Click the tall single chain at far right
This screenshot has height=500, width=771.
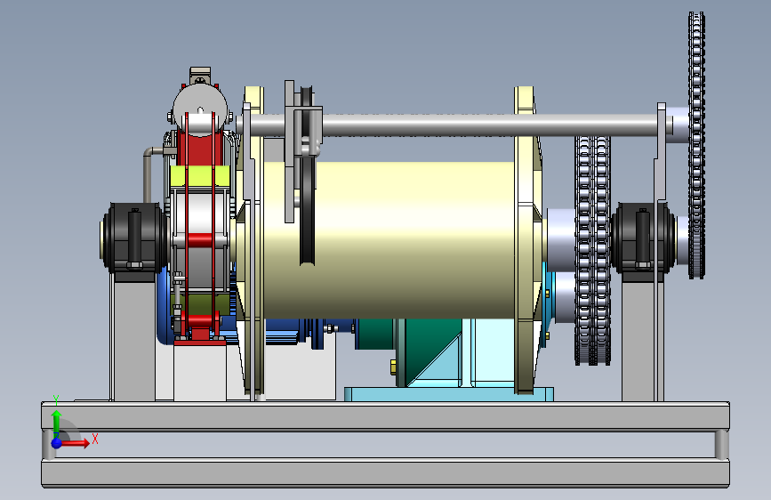pos(696,145)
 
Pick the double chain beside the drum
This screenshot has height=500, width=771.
pos(592,251)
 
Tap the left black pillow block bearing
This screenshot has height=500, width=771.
pos(133,238)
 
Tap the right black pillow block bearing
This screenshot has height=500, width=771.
pos(643,238)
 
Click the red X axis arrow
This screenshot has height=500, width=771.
pos(75,443)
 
